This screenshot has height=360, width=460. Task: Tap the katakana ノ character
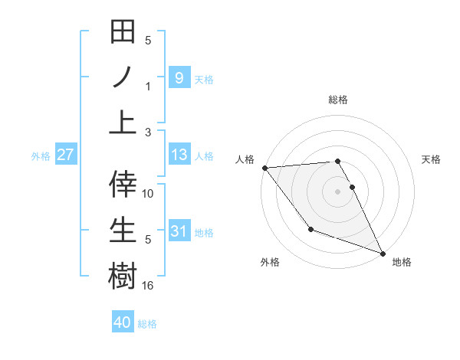pos(123,77)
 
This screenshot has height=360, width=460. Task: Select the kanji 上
pos(123,121)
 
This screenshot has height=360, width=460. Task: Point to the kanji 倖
pos(123,184)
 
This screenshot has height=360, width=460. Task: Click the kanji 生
pos(123,229)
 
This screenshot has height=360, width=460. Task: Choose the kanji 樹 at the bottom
pos(123,275)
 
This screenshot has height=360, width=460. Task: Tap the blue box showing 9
pos(179,77)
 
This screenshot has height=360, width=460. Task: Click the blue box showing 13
pos(179,155)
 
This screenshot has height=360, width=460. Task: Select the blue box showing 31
pos(179,231)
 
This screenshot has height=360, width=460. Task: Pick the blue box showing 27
pos(66,155)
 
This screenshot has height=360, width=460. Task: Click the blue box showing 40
pos(122,322)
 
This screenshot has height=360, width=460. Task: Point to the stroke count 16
pos(148,286)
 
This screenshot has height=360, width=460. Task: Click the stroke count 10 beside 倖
pos(148,194)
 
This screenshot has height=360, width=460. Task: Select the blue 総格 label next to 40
pos(147,324)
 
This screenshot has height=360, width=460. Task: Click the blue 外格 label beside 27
pos(41,155)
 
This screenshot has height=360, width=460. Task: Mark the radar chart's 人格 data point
pos(264,167)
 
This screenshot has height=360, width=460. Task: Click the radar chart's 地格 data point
pos(383,253)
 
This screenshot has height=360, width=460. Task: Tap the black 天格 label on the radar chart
pos(432,159)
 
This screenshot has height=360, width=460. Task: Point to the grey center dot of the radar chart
pos(337,191)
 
